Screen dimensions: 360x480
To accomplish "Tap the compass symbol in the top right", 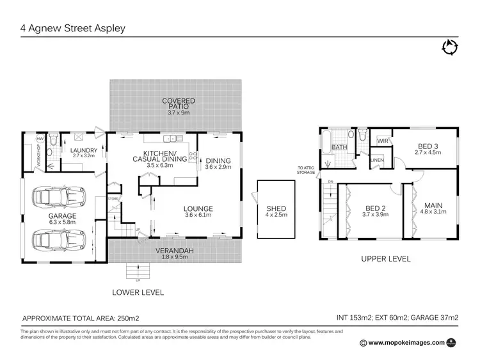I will click(x=450, y=47).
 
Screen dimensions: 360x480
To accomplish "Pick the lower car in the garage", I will click(x=58, y=241).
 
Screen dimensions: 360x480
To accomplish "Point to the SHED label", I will click(x=276, y=208).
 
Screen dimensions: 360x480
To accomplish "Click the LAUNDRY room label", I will click(x=83, y=150).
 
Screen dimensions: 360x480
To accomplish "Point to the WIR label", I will click(x=383, y=141).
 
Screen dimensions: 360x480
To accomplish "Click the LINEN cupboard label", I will click(x=377, y=160).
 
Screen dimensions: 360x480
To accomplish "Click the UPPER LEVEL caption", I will click(x=385, y=259).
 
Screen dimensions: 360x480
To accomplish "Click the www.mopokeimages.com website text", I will click(x=407, y=343).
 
